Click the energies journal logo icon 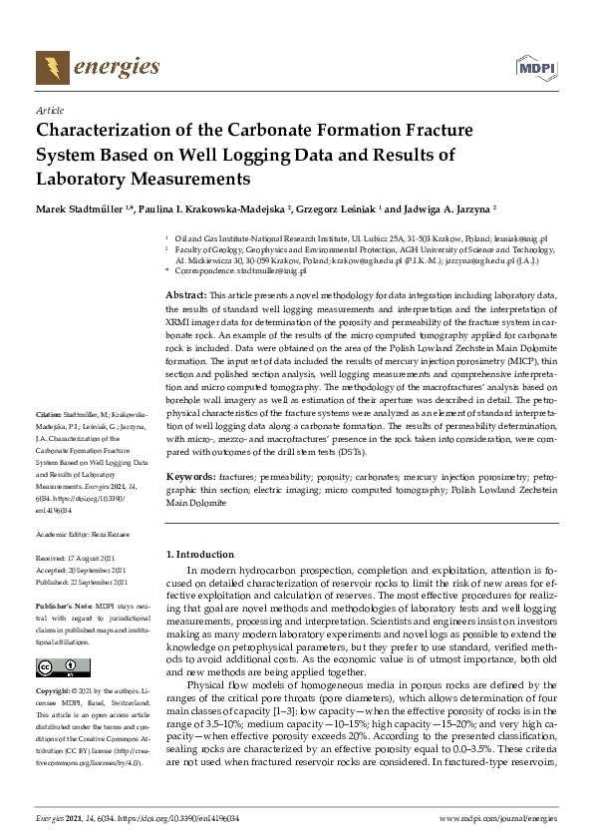coord(51,66)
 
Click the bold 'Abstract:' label coord(185,296)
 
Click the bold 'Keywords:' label coord(189,478)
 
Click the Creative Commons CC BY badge coord(57,667)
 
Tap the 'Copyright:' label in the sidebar coord(53,690)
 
